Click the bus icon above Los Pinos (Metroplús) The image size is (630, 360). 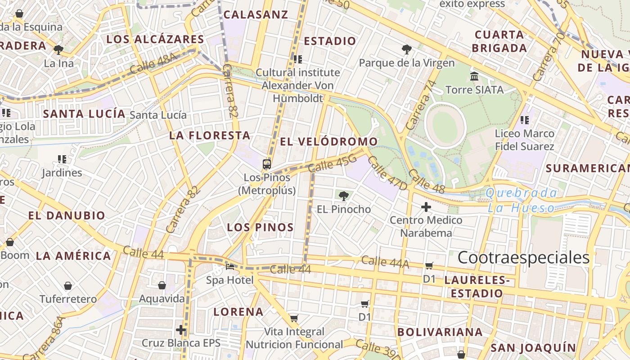[267, 164]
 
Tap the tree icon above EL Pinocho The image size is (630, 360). [343, 196]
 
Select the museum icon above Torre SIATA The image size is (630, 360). [474, 76]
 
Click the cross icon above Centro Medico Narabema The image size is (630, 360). [426, 207]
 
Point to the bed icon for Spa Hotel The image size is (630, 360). [230, 267]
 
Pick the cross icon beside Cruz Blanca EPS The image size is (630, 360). [181, 330]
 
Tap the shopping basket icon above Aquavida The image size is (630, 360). [162, 285]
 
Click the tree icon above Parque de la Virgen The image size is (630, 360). [406, 49]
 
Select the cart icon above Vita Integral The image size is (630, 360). [294, 319]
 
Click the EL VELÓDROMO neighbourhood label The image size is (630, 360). [329, 142]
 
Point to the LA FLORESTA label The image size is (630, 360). [210, 135]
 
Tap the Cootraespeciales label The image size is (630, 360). [523, 257]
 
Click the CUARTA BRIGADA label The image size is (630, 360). [500, 41]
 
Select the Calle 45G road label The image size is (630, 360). [333, 165]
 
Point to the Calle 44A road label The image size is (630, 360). [385, 262]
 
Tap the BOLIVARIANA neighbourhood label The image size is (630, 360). [440, 332]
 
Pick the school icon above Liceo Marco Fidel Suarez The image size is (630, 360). [524, 120]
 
